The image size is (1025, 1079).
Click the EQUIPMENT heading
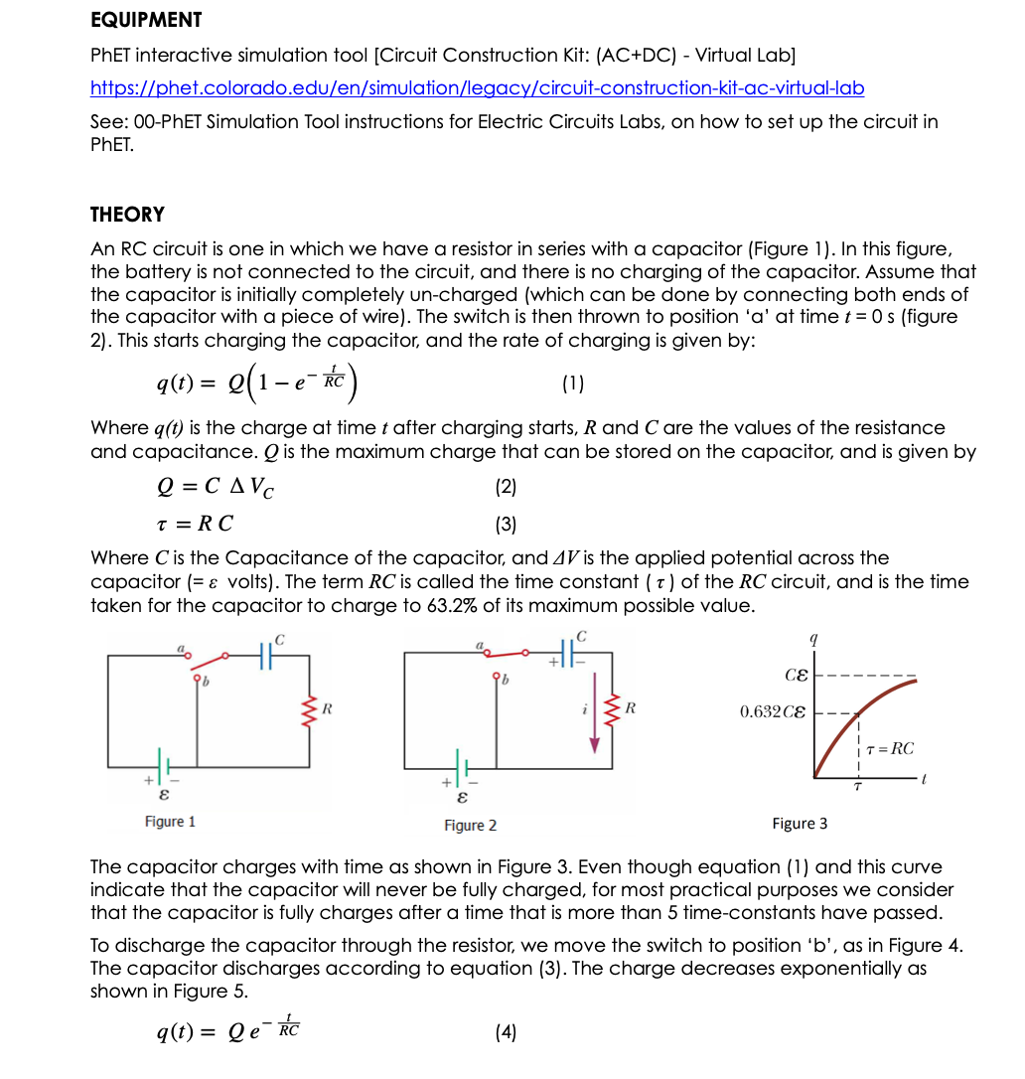pyautogui.click(x=146, y=20)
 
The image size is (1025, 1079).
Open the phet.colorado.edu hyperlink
pyautogui.click(x=477, y=88)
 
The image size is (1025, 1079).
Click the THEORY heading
pyautogui.click(x=127, y=215)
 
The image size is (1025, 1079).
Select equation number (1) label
pyautogui.click(x=573, y=382)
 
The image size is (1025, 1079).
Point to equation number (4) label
pyautogui.click(x=506, y=1032)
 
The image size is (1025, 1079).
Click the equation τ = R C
pyautogui.click(x=196, y=524)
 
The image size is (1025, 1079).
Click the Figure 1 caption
pyautogui.click(x=170, y=822)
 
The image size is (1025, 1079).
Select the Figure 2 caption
pyautogui.click(x=471, y=826)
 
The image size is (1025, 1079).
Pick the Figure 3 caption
pyautogui.click(x=800, y=824)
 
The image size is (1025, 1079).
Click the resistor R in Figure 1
pyautogui.click(x=310, y=710)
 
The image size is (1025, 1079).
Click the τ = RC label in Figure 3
pyautogui.click(x=890, y=749)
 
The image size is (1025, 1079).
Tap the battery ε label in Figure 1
pyautogui.click(x=164, y=796)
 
